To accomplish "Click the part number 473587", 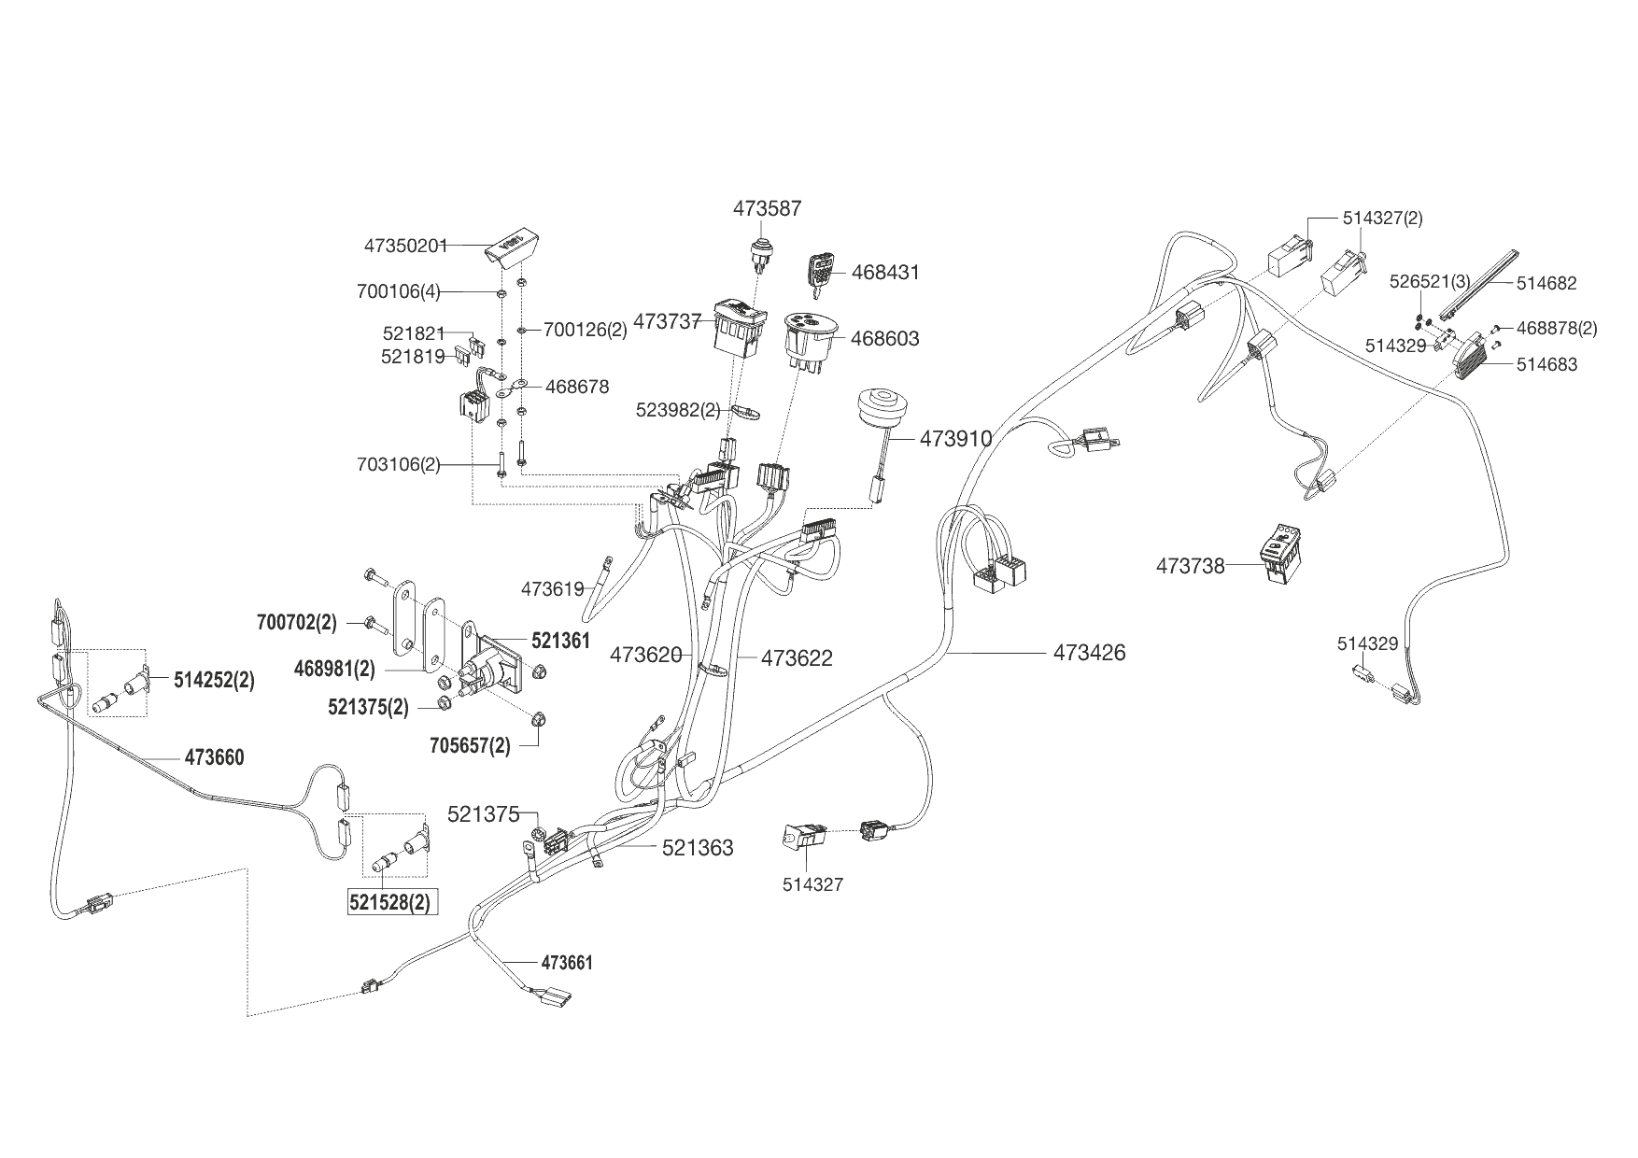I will click(767, 208).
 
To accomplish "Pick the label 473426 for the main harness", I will click(1089, 653).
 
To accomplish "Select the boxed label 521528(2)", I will click(391, 903).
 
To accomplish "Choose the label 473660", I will click(214, 757).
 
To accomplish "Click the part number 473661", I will click(567, 963).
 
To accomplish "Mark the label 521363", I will click(698, 848).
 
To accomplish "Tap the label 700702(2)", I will click(296, 622).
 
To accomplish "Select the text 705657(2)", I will click(470, 746).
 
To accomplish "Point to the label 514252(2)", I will click(214, 680).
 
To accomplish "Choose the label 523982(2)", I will click(678, 409).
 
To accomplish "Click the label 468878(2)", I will click(1557, 328).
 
